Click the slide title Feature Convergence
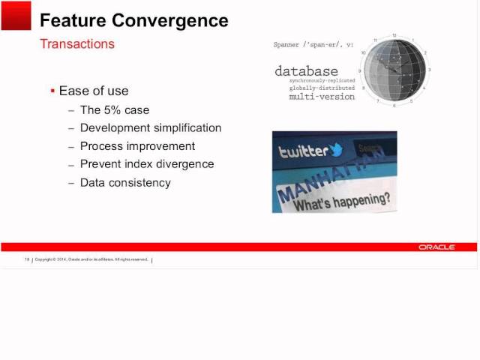tap(133, 20)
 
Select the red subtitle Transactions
tap(77, 43)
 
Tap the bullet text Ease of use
tap(94, 91)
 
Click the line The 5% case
tap(115, 109)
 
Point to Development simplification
tap(151, 127)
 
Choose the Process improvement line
tap(137, 145)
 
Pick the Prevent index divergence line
tap(147, 163)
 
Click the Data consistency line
tap(125, 182)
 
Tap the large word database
tap(306, 71)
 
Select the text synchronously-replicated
tap(322, 80)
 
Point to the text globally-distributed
tap(322, 88)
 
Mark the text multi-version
tap(322, 97)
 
